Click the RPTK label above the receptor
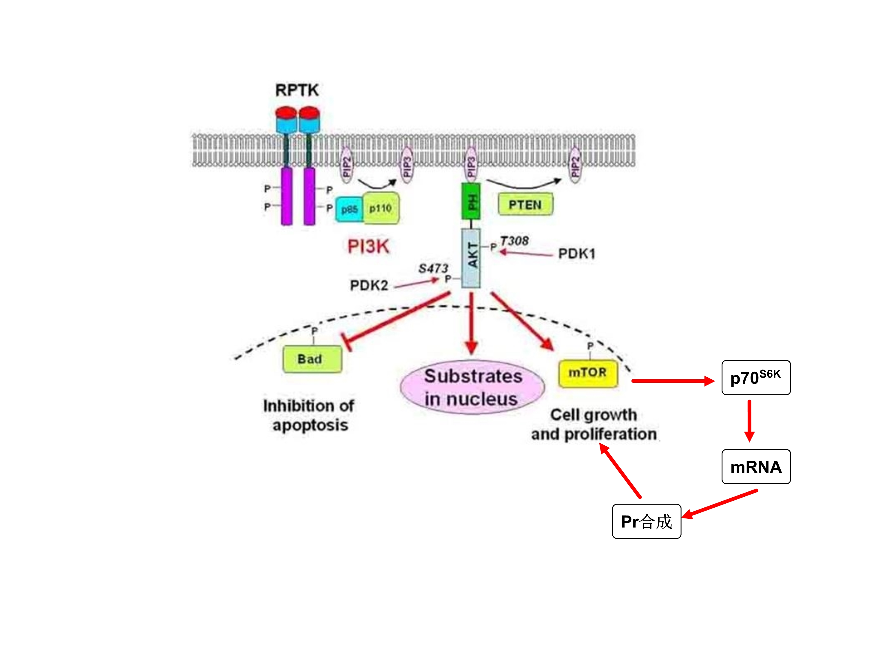[297, 90]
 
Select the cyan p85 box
[348, 209]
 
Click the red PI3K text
[368, 246]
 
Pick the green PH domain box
[471, 201]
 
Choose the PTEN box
[525, 204]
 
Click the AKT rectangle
[471, 258]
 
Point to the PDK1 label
[576, 254]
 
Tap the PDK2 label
[369, 285]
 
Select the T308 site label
[514, 241]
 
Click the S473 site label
[433, 268]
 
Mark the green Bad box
[312, 359]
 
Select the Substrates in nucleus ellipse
[473, 387]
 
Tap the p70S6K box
[756, 378]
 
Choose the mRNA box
[756, 467]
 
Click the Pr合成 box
[646, 521]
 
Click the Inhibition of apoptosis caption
[309, 415]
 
